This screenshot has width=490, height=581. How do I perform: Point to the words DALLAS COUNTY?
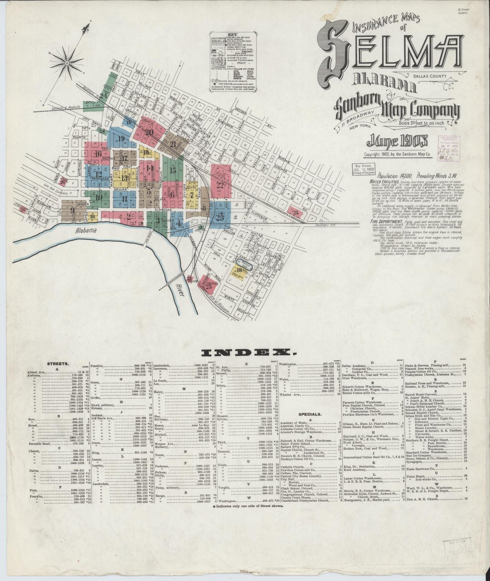click(430, 76)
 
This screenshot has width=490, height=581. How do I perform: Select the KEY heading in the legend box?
click(232, 35)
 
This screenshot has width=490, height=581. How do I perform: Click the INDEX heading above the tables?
click(245, 353)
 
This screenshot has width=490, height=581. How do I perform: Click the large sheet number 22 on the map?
click(220, 185)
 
